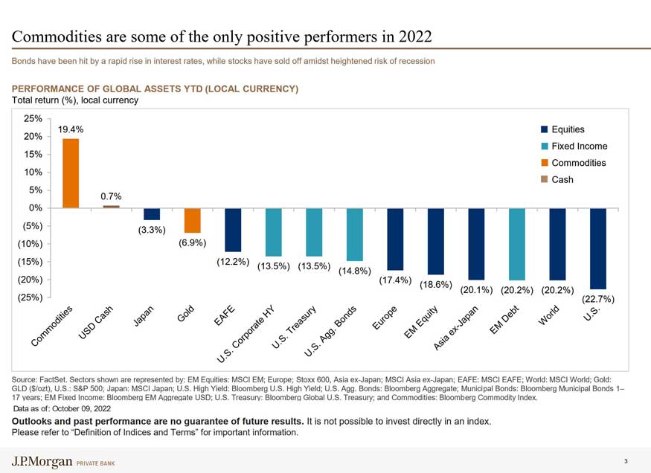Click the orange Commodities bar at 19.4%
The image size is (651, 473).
[x=71, y=173]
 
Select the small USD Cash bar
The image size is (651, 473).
[x=111, y=207]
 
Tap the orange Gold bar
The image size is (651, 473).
[x=193, y=220]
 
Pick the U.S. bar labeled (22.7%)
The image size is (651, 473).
[x=598, y=248]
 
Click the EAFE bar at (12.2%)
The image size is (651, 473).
[x=233, y=230]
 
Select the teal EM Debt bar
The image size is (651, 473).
[x=517, y=244]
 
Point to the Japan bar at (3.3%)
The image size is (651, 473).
[x=152, y=214]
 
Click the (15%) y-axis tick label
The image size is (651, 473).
[x=29, y=262]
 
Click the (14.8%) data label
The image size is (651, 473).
[x=355, y=271]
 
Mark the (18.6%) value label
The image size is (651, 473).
[x=436, y=284]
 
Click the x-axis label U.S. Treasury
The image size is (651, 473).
[x=295, y=328]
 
